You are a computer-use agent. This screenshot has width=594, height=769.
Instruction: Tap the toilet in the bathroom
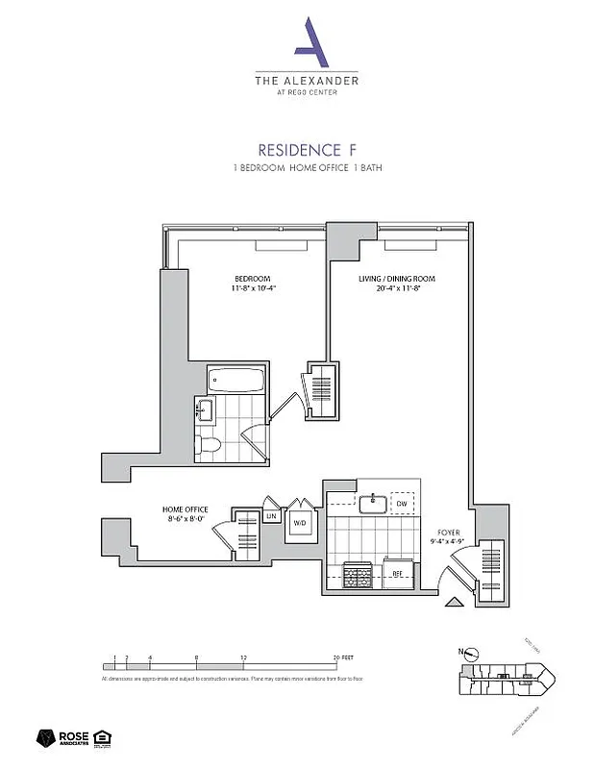click(208, 445)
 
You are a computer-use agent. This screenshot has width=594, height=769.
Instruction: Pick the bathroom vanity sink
click(203, 409)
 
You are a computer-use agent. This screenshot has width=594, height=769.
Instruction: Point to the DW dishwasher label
click(402, 503)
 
